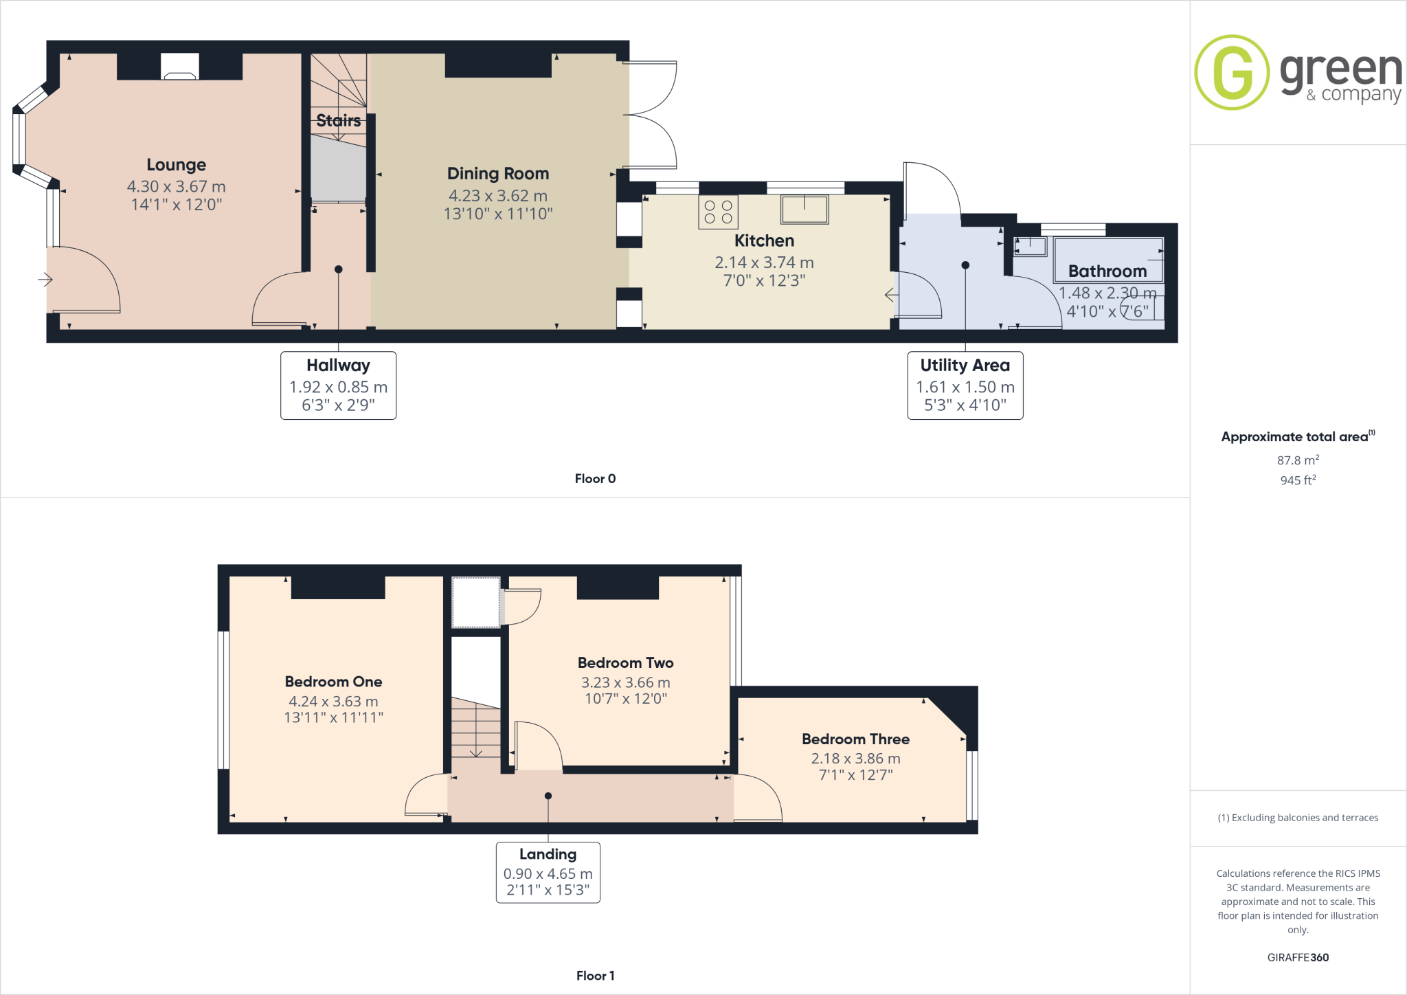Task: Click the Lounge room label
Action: click(x=176, y=165)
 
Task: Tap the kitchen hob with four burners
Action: click(x=718, y=212)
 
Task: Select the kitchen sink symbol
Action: click(x=804, y=209)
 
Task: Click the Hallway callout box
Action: click(x=338, y=385)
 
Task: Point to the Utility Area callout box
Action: click(x=965, y=385)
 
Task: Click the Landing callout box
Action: click(x=548, y=872)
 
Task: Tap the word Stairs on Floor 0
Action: click(x=338, y=121)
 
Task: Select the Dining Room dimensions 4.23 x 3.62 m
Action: click(x=498, y=196)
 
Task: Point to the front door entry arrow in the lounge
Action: click(x=45, y=280)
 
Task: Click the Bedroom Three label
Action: click(x=855, y=739)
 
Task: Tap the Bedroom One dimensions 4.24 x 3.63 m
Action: click(x=333, y=702)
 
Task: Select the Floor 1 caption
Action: click(x=595, y=976)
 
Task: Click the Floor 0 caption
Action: click(x=595, y=479)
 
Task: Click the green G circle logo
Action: click(x=1231, y=72)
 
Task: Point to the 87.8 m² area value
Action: click(x=1298, y=460)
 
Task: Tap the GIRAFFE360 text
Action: click(x=1298, y=957)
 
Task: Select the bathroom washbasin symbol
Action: click(x=1030, y=245)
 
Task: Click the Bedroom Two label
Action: click(x=625, y=663)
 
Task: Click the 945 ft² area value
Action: click(x=1298, y=480)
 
